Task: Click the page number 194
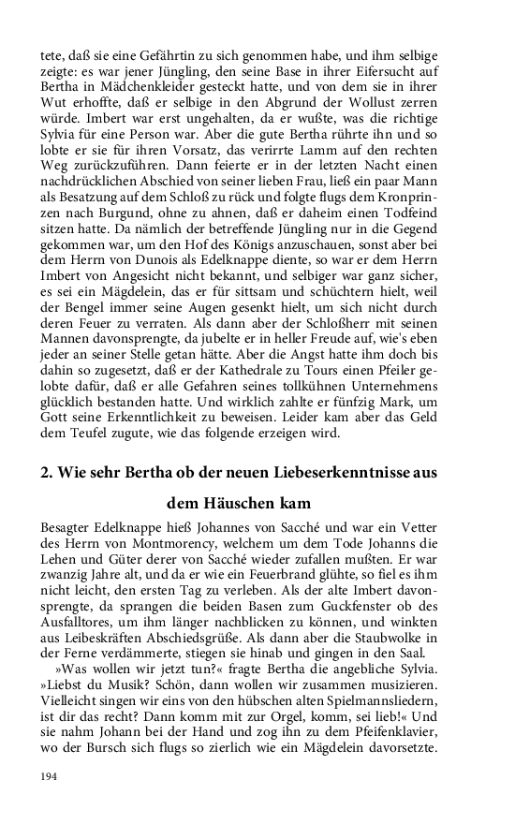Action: coord(50,777)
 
